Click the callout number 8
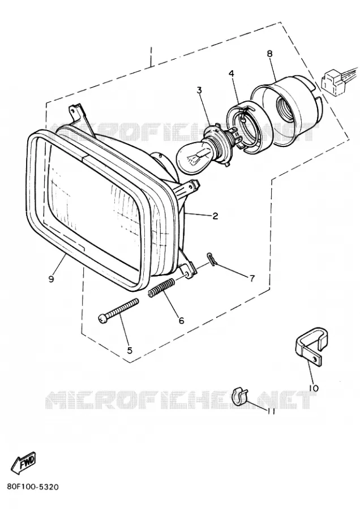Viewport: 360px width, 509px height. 270,54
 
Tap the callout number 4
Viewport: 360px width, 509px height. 231,74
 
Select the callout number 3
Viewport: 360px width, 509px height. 199,90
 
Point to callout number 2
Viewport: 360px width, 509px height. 215,215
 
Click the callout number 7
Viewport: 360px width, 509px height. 252,278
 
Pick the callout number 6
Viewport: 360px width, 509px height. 181,321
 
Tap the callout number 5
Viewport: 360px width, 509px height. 130,350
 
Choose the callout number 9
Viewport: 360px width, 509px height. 51,279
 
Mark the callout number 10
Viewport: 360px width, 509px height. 314,388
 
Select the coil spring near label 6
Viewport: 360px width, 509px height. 161,288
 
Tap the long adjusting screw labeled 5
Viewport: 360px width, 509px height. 118,310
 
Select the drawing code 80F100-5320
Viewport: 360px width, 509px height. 32,487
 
